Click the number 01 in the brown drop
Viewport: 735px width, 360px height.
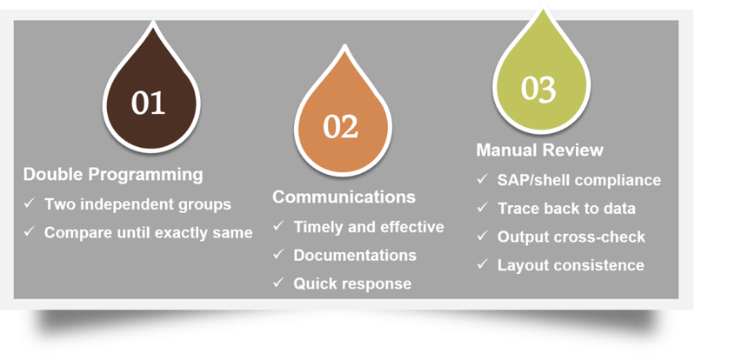pyautogui.click(x=148, y=103)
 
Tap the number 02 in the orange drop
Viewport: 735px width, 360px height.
pyautogui.click(x=341, y=126)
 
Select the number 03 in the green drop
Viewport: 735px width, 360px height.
pyautogui.click(x=538, y=89)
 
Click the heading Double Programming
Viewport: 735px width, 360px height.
pyautogui.click(x=113, y=175)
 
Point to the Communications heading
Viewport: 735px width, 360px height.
pyautogui.click(x=344, y=197)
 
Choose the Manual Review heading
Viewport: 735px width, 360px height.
pyautogui.click(x=540, y=150)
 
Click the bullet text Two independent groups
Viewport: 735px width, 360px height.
pyautogui.click(x=137, y=204)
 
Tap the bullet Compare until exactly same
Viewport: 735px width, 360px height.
pyautogui.click(x=149, y=232)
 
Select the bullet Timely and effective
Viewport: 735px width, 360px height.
pyautogui.click(x=369, y=227)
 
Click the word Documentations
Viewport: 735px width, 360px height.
pyautogui.click(x=355, y=255)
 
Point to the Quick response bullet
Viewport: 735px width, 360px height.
pyautogui.click(x=352, y=283)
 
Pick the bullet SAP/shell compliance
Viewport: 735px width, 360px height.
pyautogui.click(x=579, y=180)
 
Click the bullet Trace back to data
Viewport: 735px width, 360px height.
pyautogui.click(x=567, y=208)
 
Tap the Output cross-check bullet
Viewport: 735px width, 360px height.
pyautogui.click(x=571, y=237)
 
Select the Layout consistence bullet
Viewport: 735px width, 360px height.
pyautogui.click(x=571, y=265)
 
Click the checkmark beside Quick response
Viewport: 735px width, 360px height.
pyautogui.click(x=278, y=283)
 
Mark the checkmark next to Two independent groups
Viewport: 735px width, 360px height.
pyautogui.click(x=29, y=203)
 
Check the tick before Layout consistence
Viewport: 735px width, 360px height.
pyautogui.click(x=483, y=263)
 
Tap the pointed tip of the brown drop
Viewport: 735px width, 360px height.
pyautogui.click(x=152, y=23)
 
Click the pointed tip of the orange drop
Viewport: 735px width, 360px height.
pyautogui.click(x=344, y=46)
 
